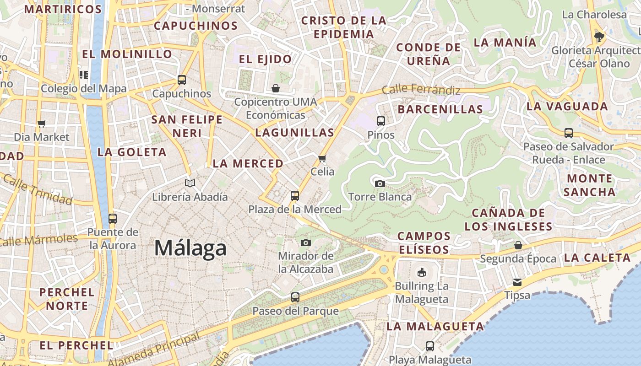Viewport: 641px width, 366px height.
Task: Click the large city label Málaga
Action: pos(190,248)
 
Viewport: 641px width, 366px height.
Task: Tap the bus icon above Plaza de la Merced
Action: pos(295,196)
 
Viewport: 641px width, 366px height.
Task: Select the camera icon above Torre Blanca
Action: pos(380,183)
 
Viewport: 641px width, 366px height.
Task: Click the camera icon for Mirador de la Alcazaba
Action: pos(306,242)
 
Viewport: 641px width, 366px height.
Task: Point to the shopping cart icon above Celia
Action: pos(322,158)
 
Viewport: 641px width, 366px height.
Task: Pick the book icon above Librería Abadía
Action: pos(190,183)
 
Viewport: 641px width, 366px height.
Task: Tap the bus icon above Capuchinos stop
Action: pos(182,80)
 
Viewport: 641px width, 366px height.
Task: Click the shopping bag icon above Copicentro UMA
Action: pos(276,88)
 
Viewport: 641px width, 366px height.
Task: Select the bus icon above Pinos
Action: pos(381,121)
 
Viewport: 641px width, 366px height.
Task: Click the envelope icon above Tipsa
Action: pos(517,282)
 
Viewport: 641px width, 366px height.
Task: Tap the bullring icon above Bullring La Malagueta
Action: pos(421,273)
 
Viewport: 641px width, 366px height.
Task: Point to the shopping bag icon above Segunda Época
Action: pos(518,245)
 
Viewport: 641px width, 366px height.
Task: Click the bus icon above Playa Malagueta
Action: pos(430,346)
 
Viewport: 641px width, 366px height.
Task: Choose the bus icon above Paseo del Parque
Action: pos(295,297)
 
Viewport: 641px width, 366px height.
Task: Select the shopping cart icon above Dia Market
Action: pos(42,124)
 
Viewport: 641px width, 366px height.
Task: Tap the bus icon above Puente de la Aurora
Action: pos(113,218)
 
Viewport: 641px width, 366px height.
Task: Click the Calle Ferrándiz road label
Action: pos(421,89)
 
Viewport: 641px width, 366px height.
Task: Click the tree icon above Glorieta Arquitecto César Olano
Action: pos(598,37)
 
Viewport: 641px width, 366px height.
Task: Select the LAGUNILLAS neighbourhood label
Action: pos(294,133)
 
